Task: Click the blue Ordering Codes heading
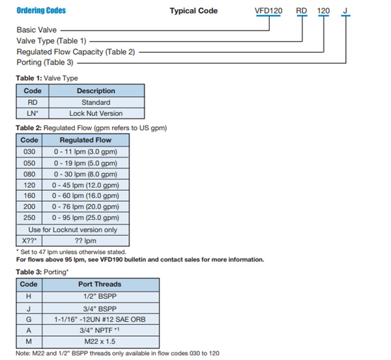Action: pos(41,10)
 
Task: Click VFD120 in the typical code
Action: pos(268,11)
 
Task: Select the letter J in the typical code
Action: pos(345,11)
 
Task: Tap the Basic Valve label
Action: pos(36,30)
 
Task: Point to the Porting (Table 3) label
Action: pos(45,62)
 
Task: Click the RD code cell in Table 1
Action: pos(33,102)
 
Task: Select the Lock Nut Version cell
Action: pos(96,113)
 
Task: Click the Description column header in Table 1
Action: pos(96,90)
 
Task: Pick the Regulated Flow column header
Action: pos(85,140)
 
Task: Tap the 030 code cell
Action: pos(29,152)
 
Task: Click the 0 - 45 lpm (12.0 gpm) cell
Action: pos(85,185)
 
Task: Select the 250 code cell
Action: pos(29,217)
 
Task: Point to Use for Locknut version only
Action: pos(72,230)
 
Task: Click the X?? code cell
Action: pos(29,241)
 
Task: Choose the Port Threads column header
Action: pos(100,284)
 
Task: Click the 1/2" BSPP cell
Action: pos(100,296)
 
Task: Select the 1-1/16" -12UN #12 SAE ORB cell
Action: pos(100,320)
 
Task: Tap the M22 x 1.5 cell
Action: pos(100,342)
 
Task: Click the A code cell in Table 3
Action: pos(29,331)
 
